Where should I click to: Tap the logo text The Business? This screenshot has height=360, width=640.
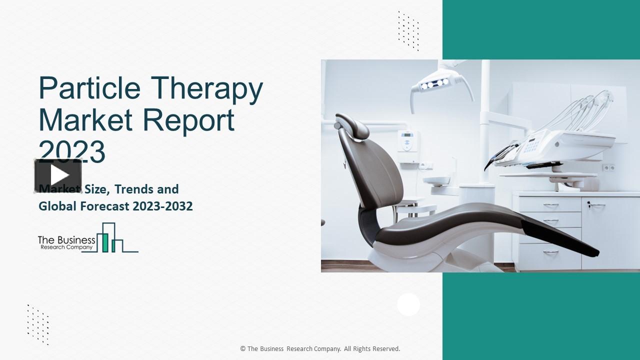coord(66,240)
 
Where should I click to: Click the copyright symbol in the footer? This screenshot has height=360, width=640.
coord(242,349)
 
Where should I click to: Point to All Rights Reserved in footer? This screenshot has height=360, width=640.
coord(372,349)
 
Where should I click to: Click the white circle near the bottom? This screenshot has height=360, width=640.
coord(408,304)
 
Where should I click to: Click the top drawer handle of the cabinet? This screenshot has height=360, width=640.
coord(550,205)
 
